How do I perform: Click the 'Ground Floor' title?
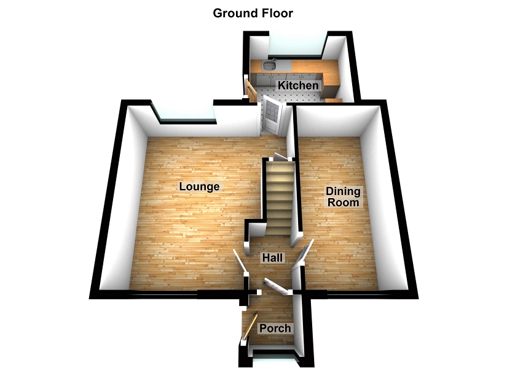pos(253,12)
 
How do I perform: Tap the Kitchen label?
pos(298,85)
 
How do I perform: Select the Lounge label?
pos(199,186)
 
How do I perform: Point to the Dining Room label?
pos(342,197)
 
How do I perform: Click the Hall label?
pos(272,258)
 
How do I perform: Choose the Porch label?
pos(275,328)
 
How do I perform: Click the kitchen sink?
pos(270,66)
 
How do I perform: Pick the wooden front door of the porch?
pos(249,328)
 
